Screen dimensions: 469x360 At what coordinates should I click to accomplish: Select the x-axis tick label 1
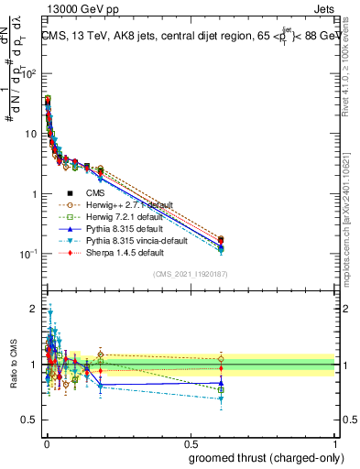(x=334, y=443)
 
